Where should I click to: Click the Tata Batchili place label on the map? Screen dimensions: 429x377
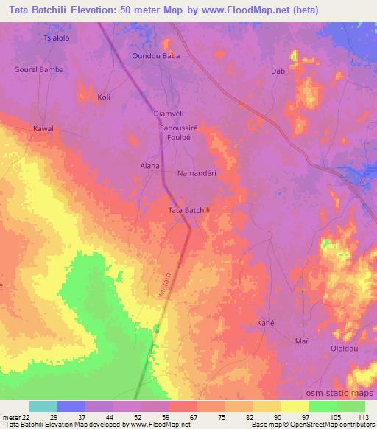click(190, 211)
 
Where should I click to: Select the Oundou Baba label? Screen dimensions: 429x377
click(155, 55)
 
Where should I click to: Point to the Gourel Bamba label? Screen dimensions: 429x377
click(39, 69)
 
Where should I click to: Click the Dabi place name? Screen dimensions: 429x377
click(278, 71)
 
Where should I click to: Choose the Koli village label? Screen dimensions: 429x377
click(104, 97)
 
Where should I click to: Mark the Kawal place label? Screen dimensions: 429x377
click(43, 128)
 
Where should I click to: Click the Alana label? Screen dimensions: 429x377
click(150, 166)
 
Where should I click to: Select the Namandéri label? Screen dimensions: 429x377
click(196, 174)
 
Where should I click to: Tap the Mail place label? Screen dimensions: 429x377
click(302, 341)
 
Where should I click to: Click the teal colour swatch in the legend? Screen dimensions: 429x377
click(43, 406)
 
